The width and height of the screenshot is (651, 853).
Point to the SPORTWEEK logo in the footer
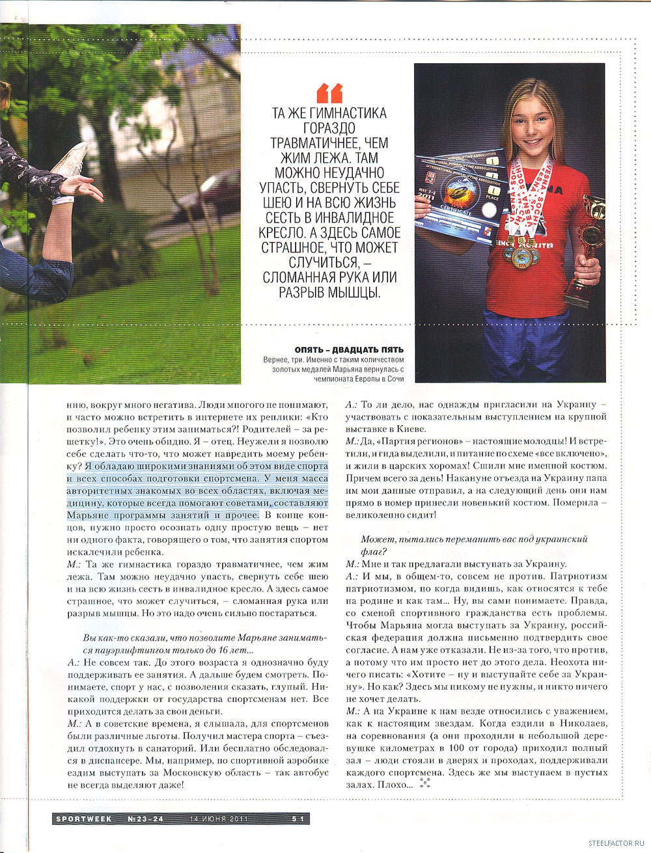point(83,819)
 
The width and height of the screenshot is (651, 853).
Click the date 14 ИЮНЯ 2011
point(219,819)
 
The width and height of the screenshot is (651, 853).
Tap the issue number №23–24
point(146,819)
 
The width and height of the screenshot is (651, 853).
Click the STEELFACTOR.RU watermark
point(616,843)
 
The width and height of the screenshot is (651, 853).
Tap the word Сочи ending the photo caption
point(395,378)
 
